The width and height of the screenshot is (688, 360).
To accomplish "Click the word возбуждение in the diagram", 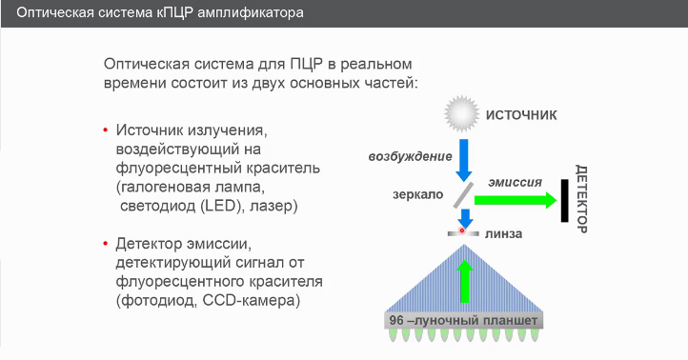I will pos(411,155).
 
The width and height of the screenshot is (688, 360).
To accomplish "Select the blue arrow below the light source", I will pos(464,159).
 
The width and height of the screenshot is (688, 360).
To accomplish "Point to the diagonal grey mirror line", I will pos(463,195).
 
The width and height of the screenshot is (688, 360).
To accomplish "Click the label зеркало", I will pos(417,194).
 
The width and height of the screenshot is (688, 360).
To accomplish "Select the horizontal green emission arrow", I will pos(515,199).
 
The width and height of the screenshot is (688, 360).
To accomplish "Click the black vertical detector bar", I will pos(565,199).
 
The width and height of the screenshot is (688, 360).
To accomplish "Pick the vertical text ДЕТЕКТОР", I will pos(583,199).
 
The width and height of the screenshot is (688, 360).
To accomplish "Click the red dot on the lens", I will pos(462,230).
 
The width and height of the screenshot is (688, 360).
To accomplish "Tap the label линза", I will pos(503,232).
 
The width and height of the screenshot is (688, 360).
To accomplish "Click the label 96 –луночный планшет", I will pos(463,321).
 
